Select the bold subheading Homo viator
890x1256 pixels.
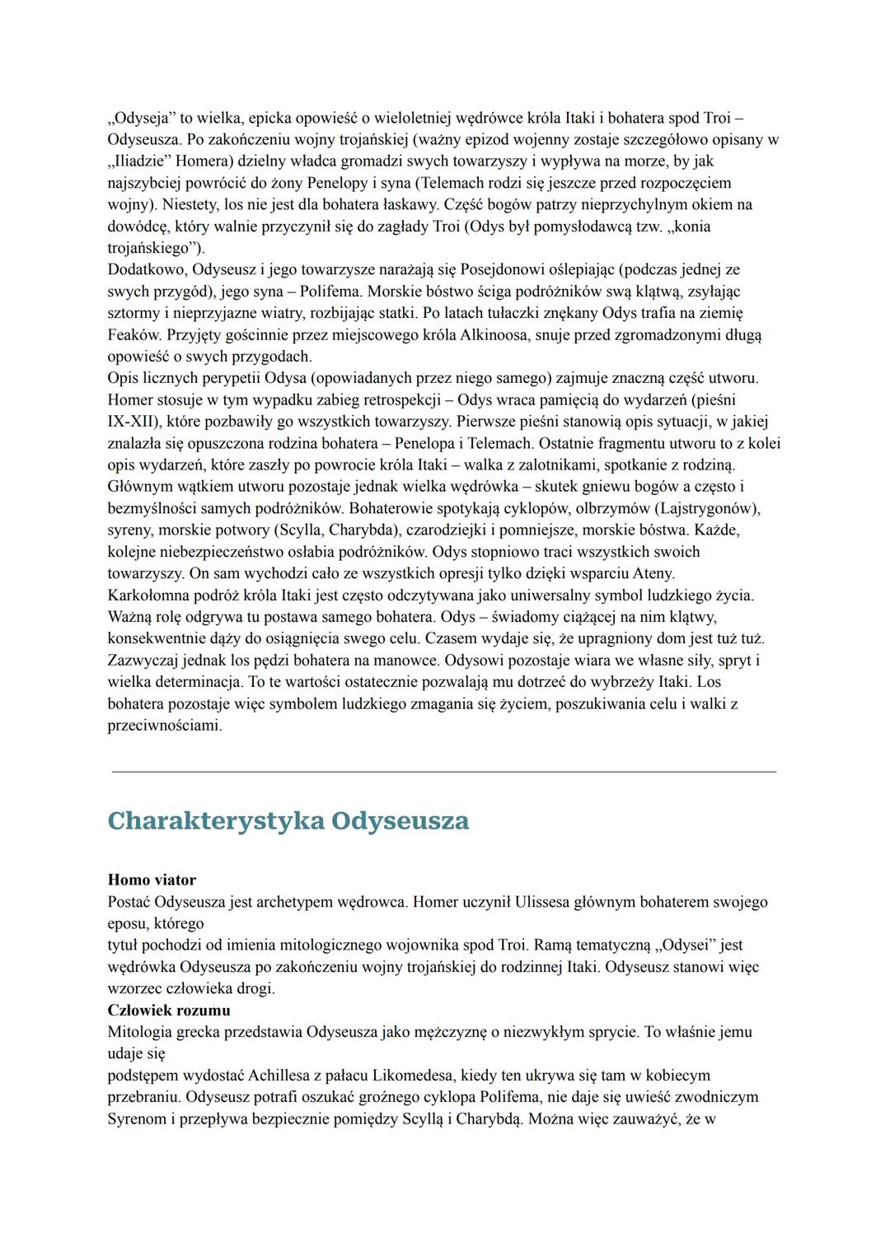click(x=152, y=880)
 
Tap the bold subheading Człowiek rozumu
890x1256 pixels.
click(x=169, y=1010)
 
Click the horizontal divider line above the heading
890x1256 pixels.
click(x=443, y=772)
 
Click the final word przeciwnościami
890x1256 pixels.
click(x=164, y=726)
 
